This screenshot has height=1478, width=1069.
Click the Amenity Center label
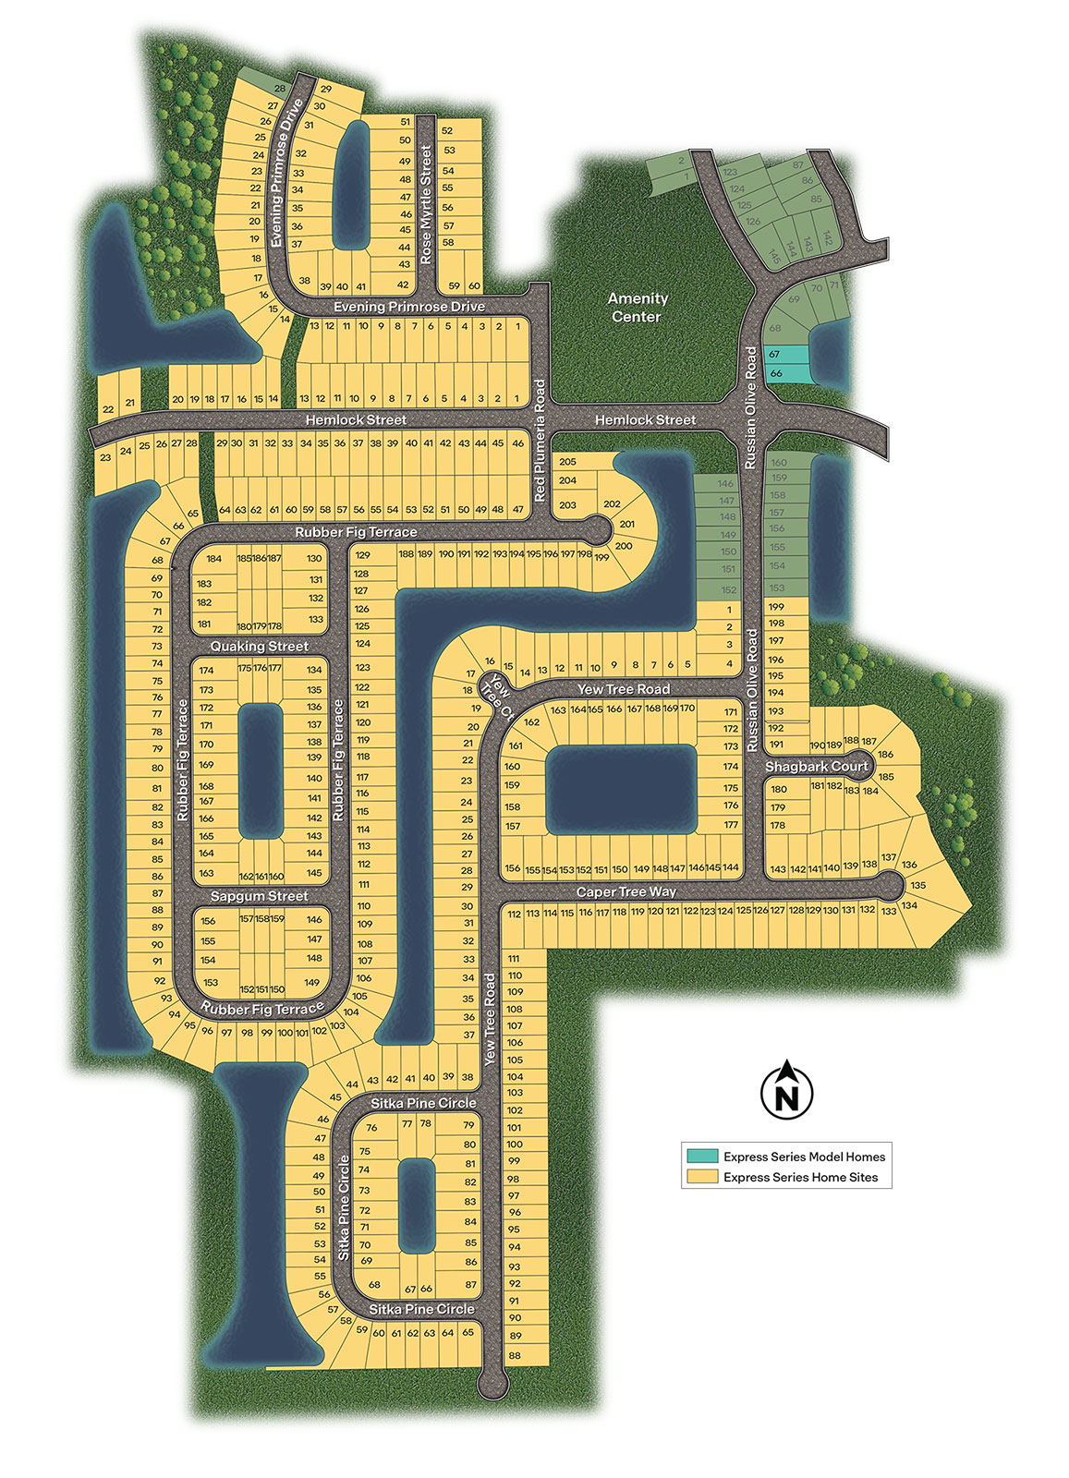tap(637, 307)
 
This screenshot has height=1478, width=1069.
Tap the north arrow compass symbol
tap(786, 1090)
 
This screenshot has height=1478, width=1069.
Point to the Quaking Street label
tap(259, 646)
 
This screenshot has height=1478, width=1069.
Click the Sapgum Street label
tap(259, 896)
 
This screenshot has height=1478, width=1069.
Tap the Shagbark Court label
tap(817, 766)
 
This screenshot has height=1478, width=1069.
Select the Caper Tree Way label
tap(626, 891)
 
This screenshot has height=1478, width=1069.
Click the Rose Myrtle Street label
tap(426, 204)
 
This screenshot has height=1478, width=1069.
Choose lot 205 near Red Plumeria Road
tap(567, 462)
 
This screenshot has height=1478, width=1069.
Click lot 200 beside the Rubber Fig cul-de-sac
tap(623, 545)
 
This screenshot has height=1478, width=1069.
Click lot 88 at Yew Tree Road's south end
tap(515, 1355)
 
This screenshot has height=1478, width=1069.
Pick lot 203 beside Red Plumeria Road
tap(567, 504)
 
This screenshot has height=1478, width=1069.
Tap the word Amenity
tap(637, 298)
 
